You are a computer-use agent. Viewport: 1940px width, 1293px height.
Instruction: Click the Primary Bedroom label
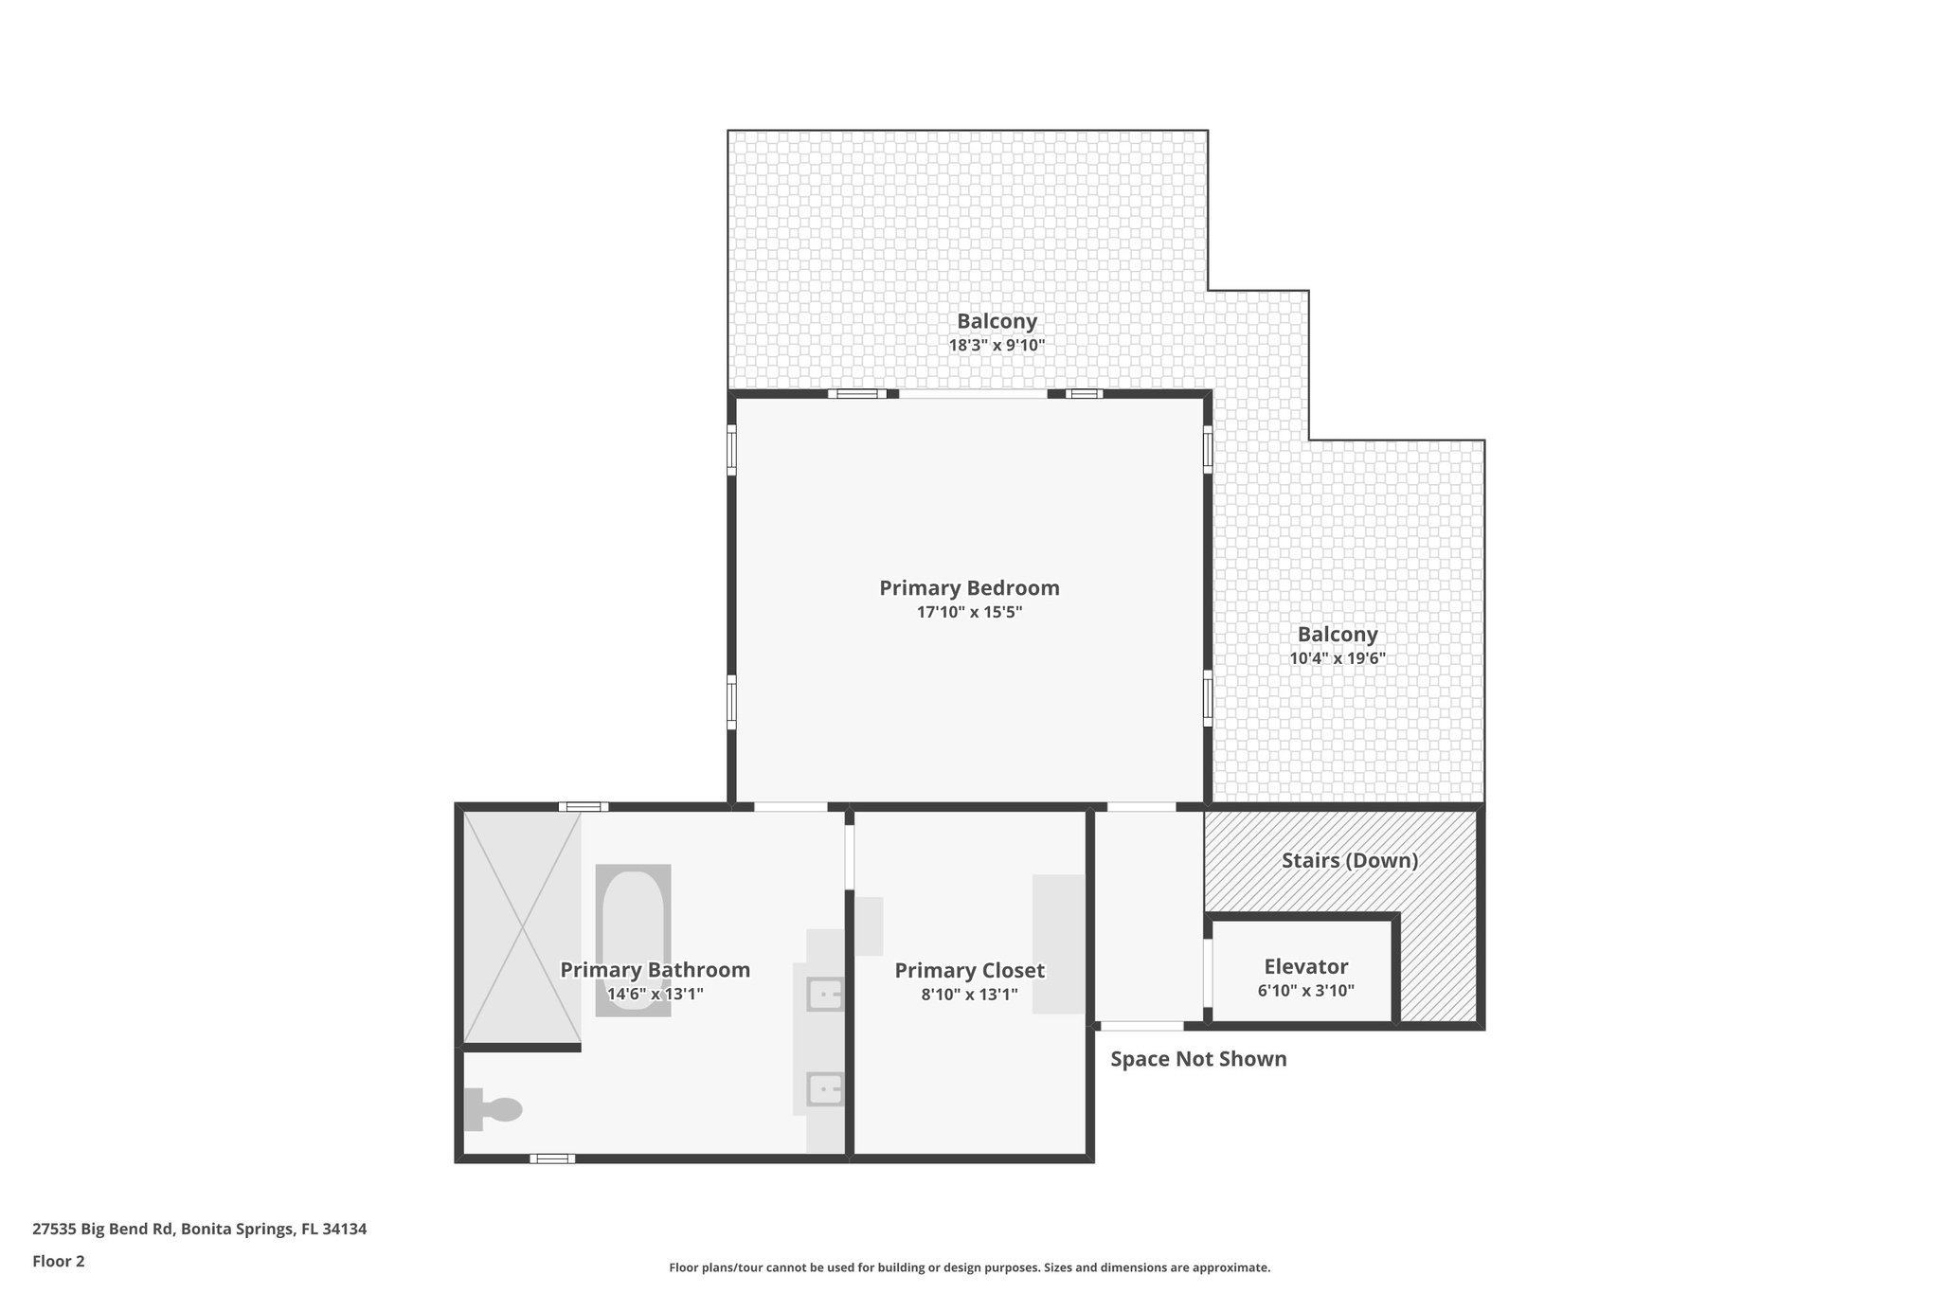(x=969, y=587)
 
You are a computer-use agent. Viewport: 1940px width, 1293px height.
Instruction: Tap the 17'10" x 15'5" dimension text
(x=969, y=612)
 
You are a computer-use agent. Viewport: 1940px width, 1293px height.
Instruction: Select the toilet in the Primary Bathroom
(x=494, y=1109)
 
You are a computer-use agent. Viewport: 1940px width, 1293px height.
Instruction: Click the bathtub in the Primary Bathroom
(x=633, y=940)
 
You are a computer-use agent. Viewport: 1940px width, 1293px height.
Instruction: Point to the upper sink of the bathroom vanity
(x=824, y=995)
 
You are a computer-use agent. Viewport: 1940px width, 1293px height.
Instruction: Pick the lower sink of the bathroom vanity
(x=824, y=1089)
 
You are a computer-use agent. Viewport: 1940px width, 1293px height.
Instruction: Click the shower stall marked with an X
(x=521, y=928)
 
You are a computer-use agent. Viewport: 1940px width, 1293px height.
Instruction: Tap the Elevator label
(x=1305, y=966)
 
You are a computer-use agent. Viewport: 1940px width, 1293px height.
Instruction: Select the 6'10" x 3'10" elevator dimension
(x=1305, y=991)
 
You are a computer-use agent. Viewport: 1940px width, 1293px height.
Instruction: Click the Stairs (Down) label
(x=1349, y=860)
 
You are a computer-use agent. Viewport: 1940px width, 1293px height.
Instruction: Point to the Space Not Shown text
(x=1198, y=1059)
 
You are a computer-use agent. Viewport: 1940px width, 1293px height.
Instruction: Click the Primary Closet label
(x=969, y=970)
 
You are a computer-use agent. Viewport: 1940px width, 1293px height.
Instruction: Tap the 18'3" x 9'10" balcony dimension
(x=997, y=346)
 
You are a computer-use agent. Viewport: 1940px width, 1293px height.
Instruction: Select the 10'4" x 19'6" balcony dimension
(x=1338, y=658)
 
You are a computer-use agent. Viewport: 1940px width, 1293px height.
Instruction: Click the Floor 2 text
(x=59, y=1261)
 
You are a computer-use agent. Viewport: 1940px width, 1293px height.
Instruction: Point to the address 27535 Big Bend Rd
(x=199, y=1229)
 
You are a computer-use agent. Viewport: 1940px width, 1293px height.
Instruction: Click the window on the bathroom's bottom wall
(x=552, y=1158)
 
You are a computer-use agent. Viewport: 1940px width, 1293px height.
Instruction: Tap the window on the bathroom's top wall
(x=583, y=807)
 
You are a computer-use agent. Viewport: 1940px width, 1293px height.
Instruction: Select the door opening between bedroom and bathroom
(x=790, y=807)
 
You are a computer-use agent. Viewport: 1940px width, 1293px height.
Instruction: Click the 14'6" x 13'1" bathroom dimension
(x=655, y=994)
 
